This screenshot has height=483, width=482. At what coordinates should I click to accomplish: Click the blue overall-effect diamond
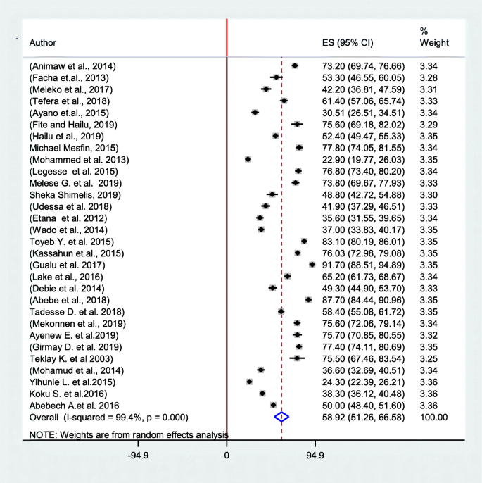[281, 417]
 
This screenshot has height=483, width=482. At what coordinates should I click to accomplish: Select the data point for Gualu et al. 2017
[312, 265]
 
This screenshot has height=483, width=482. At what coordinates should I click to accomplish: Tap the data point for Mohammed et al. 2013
[248, 160]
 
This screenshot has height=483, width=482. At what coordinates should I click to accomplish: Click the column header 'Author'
[43, 42]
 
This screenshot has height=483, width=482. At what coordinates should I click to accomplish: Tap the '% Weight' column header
[433, 37]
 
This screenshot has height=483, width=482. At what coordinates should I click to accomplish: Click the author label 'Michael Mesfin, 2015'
[73, 148]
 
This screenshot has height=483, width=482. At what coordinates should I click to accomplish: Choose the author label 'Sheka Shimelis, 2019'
[72, 194]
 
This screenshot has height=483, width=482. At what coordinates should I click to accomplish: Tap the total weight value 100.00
[433, 417]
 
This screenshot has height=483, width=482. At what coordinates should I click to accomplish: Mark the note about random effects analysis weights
[128, 435]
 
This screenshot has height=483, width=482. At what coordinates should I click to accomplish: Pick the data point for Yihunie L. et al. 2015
[249, 382]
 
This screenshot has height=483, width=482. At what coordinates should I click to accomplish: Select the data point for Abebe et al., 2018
[309, 300]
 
